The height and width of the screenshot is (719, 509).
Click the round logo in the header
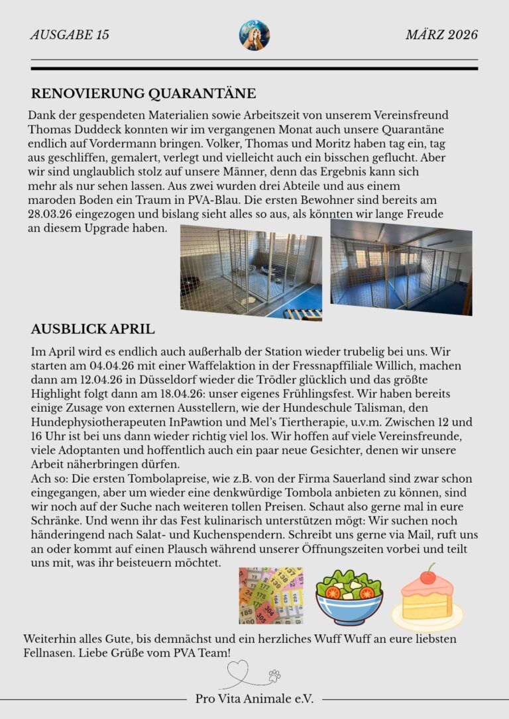click(x=254, y=35)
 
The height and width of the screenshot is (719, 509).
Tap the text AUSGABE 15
click(x=70, y=35)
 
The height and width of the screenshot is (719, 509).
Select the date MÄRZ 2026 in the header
click(x=441, y=35)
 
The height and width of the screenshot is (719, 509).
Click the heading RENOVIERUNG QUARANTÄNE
click(x=143, y=93)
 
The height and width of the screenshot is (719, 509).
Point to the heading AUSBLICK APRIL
click(x=93, y=329)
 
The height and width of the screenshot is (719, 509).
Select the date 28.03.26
click(x=54, y=214)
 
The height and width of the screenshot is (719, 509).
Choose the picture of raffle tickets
click(x=271, y=595)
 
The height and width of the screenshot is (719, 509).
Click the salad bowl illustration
click(x=349, y=597)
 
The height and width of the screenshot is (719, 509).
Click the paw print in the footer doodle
click(x=274, y=676)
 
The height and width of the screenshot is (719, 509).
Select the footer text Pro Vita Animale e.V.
click(x=254, y=698)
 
